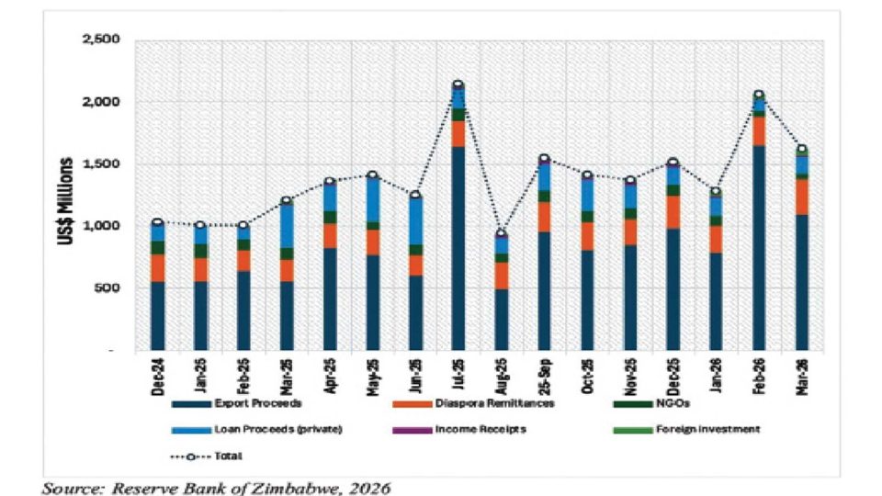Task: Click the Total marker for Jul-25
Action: coord(458,85)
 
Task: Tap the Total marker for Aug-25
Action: coord(502,233)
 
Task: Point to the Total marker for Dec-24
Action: coord(157,222)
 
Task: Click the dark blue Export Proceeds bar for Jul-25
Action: coord(458,248)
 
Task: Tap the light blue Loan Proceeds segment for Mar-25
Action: coord(287,225)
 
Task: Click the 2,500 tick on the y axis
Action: coord(102,40)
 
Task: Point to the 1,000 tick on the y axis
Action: coord(102,226)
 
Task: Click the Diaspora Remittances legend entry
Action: coord(500,403)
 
